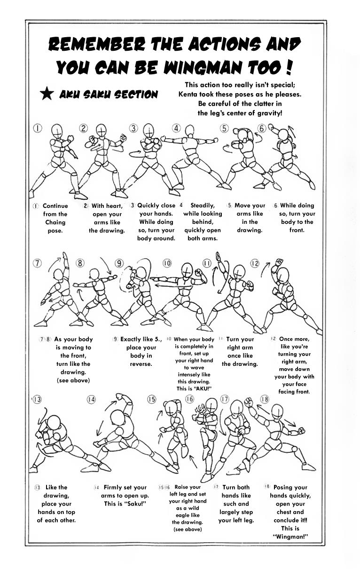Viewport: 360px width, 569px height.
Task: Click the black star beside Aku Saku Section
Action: pos(47,94)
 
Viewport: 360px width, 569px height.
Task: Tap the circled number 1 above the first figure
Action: pos(38,128)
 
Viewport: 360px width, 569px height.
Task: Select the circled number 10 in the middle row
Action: pos(167,263)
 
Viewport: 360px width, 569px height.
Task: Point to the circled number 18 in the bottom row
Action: pos(265,399)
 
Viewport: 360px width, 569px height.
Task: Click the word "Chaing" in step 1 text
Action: pos(55,222)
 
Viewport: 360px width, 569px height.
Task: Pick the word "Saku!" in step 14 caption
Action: pos(136,504)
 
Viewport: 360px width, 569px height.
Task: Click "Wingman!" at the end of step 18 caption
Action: pos(290,537)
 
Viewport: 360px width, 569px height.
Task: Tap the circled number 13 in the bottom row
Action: pos(36,399)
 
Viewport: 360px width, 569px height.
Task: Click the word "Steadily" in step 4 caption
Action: pos(203,205)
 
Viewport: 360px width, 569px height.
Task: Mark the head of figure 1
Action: pos(57,130)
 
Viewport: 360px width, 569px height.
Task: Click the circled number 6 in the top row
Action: pos(262,128)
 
